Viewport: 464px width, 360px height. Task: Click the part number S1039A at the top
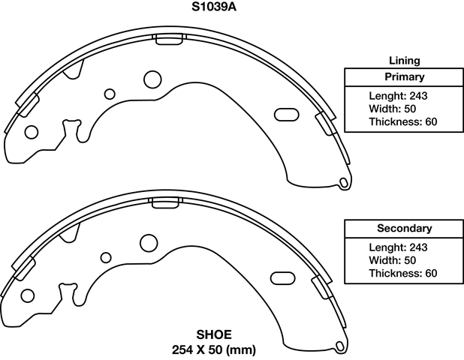tap(215, 9)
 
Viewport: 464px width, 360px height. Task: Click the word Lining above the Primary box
tap(404, 60)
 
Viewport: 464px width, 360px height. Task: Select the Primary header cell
tap(404, 76)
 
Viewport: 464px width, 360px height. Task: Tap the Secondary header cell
tap(404, 228)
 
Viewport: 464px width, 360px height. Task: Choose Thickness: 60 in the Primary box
tap(403, 121)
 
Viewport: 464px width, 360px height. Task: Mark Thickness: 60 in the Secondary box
tap(403, 273)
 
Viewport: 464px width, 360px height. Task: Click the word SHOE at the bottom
tap(214, 334)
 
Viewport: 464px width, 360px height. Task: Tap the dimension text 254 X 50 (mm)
tap(214, 349)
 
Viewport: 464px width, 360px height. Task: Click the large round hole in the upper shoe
tap(152, 79)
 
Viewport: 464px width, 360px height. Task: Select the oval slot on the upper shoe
tap(288, 114)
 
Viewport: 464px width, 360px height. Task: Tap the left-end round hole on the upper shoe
tap(31, 132)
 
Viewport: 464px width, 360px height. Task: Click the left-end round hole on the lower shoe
tap(29, 295)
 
